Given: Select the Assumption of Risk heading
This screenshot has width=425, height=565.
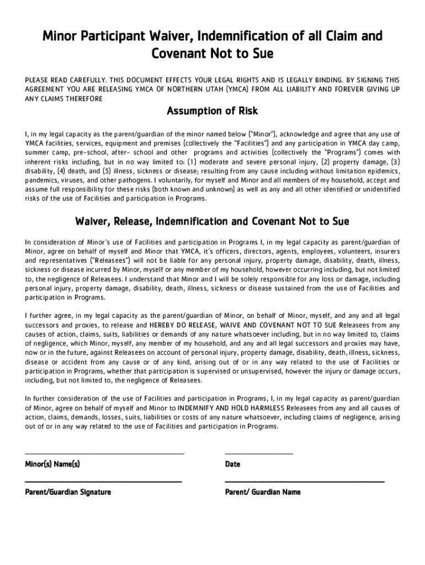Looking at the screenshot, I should [212, 111].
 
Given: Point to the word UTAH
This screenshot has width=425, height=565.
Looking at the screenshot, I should [219, 89].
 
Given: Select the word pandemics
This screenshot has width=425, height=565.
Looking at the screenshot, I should [41, 181].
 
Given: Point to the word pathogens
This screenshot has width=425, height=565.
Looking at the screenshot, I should [137, 181].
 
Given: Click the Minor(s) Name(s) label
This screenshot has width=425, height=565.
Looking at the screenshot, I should [52, 465].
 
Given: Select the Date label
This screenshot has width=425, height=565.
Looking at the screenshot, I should [232, 465].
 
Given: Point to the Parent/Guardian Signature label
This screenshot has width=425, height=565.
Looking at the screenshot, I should [68, 492].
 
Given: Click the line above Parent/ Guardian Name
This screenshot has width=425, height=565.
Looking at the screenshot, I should [305, 482].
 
